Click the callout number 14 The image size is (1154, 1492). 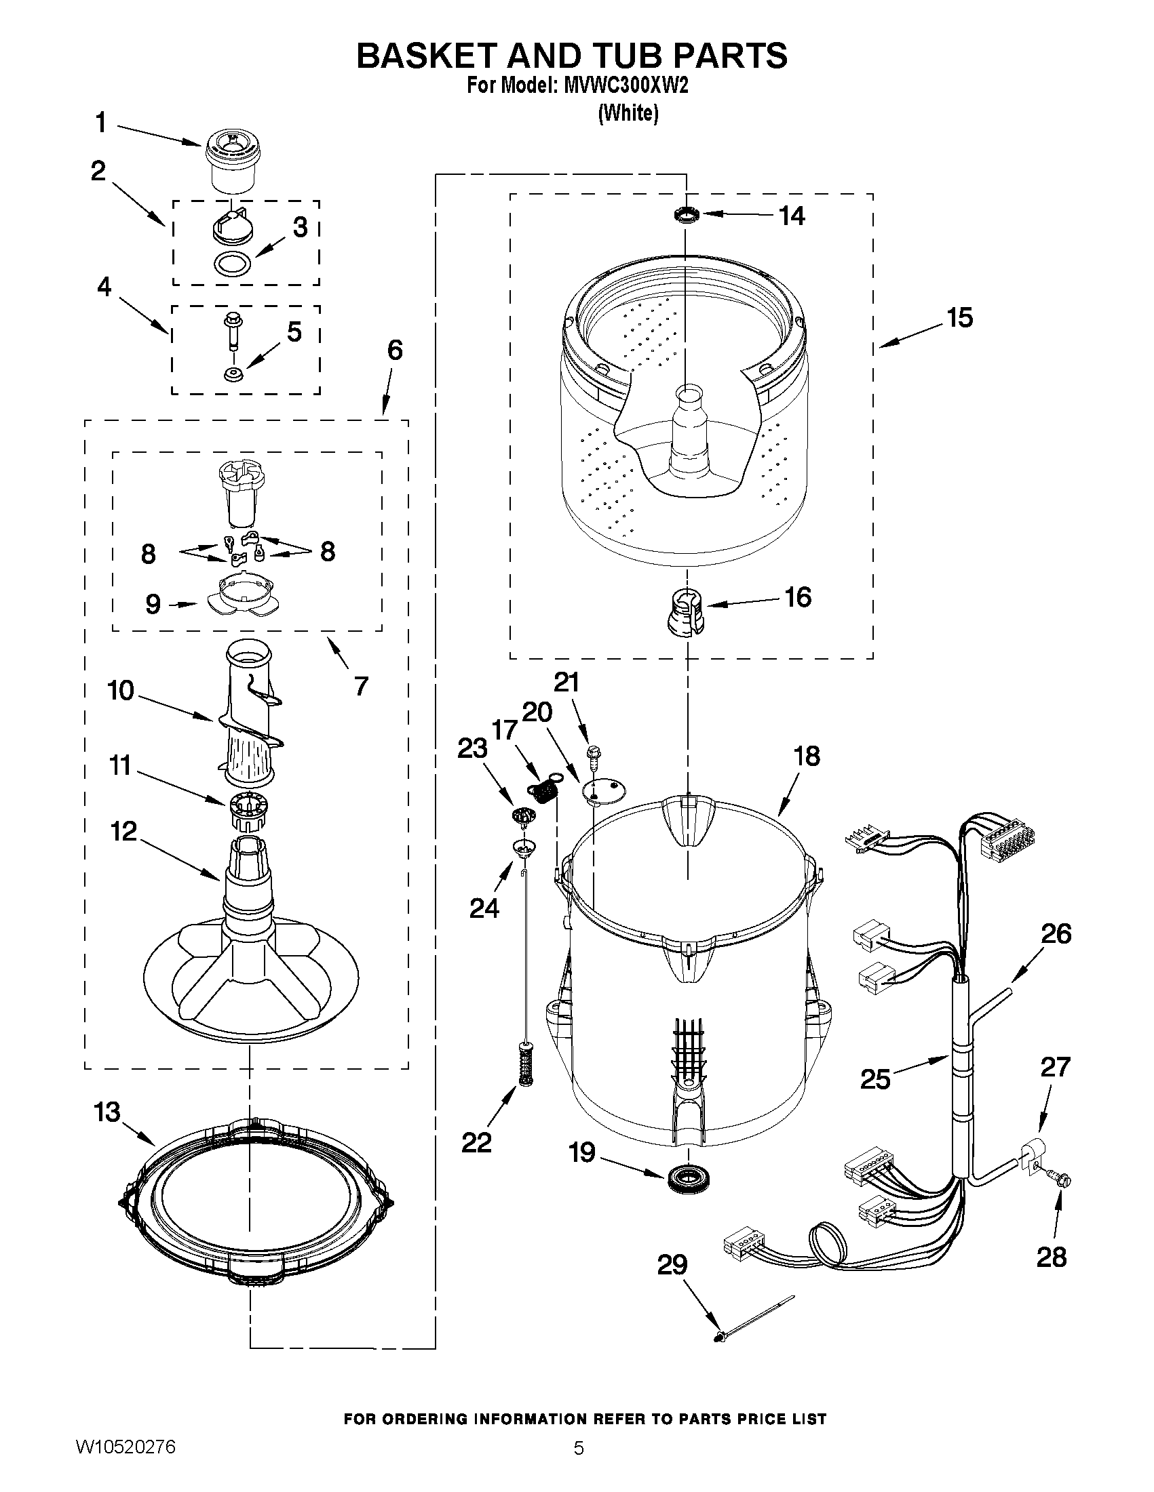pyautogui.click(x=792, y=216)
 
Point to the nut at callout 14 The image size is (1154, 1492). pyautogui.click(x=687, y=215)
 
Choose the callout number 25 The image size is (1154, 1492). pyautogui.click(x=875, y=1078)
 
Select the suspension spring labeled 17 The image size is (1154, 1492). pyautogui.click(x=543, y=792)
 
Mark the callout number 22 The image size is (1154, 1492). pyautogui.click(x=476, y=1142)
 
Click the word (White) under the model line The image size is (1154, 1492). pyautogui.click(x=628, y=113)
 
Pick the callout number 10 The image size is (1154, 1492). pyautogui.click(x=120, y=691)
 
